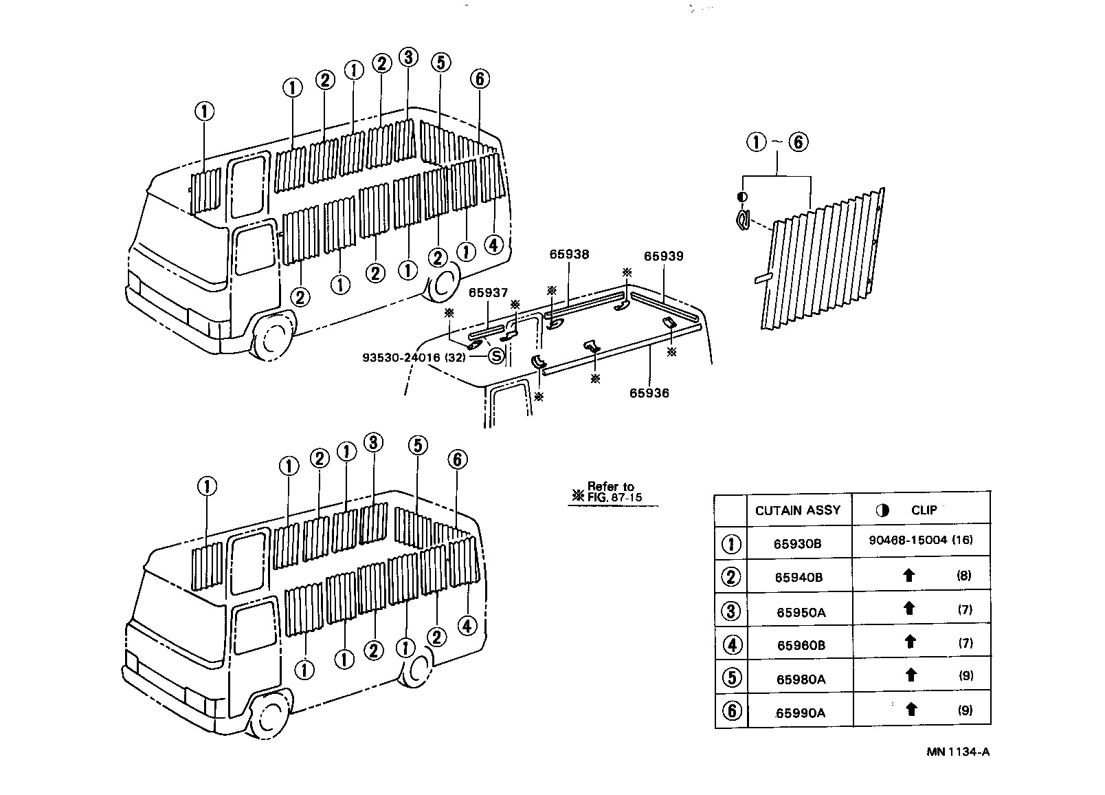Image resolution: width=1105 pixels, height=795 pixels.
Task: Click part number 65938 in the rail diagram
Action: click(569, 254)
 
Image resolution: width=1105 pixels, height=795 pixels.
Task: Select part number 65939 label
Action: click(663, 257)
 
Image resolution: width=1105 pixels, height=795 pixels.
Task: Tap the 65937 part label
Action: click(488, 293)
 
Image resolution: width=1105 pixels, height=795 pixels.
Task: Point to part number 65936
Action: click(649, 393)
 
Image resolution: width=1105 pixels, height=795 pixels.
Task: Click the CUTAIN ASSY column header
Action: click(797, 510)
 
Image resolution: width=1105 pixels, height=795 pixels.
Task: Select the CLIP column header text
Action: click(923, 510)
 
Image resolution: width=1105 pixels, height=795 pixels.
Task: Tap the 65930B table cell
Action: click(797, 543)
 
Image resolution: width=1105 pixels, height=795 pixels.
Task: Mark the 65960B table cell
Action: click(801, 645)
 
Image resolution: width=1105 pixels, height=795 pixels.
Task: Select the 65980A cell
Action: click(801, 679)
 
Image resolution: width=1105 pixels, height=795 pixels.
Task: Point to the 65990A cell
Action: click(800, 712)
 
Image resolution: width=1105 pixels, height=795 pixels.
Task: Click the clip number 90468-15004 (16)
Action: click(920, 541)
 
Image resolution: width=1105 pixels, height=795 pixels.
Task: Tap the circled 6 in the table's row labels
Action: click(732, 710)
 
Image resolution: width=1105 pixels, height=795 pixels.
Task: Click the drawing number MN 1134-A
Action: click(957, 751)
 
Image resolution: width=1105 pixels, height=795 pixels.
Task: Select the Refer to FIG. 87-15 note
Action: click(608, 492)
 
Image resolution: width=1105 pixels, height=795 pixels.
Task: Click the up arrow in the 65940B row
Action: click(909, 575)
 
